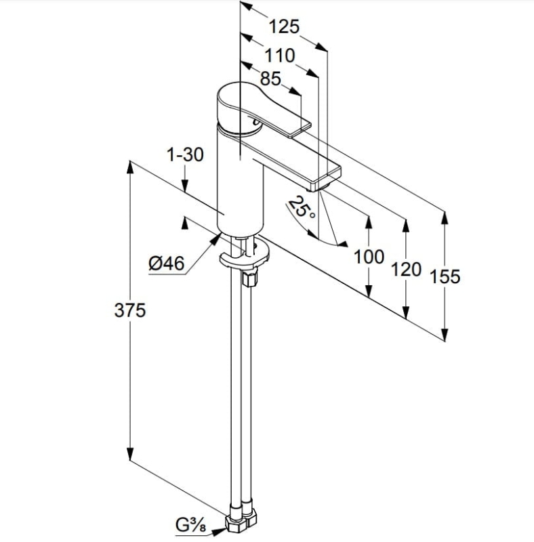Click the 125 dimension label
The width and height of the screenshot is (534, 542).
(x=283, y=26)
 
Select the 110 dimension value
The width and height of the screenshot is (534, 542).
(x=280, y=56)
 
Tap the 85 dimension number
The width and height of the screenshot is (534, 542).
(x=270, y=79)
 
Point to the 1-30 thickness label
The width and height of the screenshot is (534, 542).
(x=185, y=154)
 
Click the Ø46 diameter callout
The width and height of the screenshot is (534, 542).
(x=166, y=264)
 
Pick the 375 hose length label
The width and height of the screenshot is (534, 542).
(x=130, y=310)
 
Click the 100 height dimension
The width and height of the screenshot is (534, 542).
(x=369, y=257)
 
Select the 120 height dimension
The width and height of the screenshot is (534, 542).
(x=406, y=269)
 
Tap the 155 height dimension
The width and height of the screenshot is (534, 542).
(x=445, y=276)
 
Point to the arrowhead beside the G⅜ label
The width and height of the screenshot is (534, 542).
(x=218, y=530)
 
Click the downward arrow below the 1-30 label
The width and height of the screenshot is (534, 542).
(x=185, y=179)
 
